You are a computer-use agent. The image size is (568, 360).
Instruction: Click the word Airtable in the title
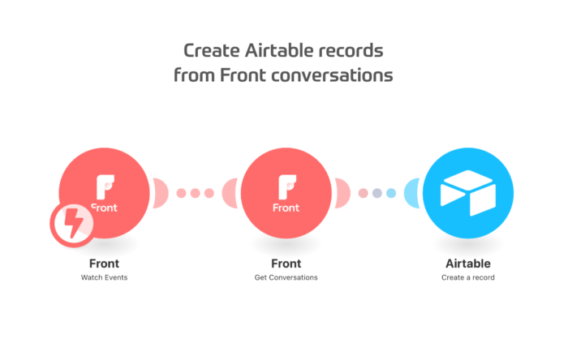(278, 50)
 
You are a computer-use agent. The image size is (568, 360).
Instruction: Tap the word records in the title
(351, 50)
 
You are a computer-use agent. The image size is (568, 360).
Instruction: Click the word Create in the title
(212, 50)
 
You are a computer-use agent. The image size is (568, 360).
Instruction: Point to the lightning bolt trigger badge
(72, 225)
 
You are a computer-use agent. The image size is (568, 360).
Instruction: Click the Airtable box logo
(468, 193)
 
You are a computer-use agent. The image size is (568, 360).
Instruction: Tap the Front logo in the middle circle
(286, 194)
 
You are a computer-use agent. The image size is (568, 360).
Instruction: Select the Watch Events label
(104, 277)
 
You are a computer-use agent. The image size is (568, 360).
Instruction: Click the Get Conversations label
(286, 277)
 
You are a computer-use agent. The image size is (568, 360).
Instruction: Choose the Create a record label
(468, 277)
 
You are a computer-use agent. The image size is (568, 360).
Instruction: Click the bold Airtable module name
(468, 264)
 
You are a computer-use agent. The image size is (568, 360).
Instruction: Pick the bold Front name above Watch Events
(104, 264)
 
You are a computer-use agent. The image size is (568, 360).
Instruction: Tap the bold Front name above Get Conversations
(286, 264)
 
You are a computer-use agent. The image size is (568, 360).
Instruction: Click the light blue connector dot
(391, 193)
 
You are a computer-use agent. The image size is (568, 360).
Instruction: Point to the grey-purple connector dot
(377, 193)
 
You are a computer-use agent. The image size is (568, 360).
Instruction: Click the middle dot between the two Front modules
(196, 193)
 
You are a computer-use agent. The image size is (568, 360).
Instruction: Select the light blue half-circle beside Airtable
(412, 193)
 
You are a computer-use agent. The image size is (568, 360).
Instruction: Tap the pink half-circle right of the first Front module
(161, 193)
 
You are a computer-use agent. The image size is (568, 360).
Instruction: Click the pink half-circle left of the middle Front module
(230, 193)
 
